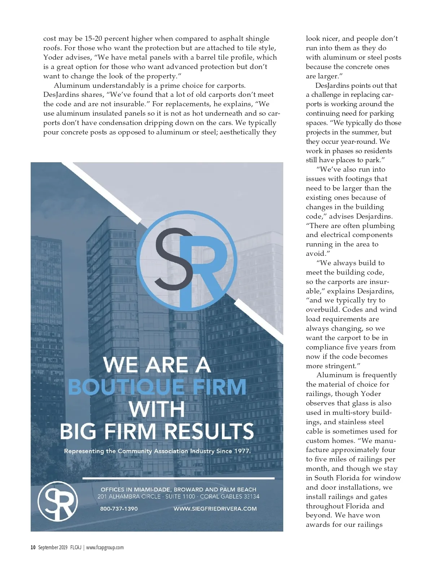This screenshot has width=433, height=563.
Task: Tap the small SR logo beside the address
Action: (58, 501)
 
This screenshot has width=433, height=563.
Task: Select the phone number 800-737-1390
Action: (119, 508)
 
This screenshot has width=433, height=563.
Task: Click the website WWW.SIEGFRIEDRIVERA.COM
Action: (215, 508)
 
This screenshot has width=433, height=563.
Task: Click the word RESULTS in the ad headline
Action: (209, 431)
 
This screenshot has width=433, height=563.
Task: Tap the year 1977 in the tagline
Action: (242, 451)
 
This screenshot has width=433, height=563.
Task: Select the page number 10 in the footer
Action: (33, 547)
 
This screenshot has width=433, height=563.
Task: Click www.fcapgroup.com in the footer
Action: (105, 547)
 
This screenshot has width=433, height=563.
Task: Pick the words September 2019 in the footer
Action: (53, 547)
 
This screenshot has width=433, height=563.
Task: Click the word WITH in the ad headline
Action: (157, 409)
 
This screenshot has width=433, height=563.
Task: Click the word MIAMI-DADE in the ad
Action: (152, 489)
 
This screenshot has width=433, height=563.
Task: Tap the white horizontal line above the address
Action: (178, 478)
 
